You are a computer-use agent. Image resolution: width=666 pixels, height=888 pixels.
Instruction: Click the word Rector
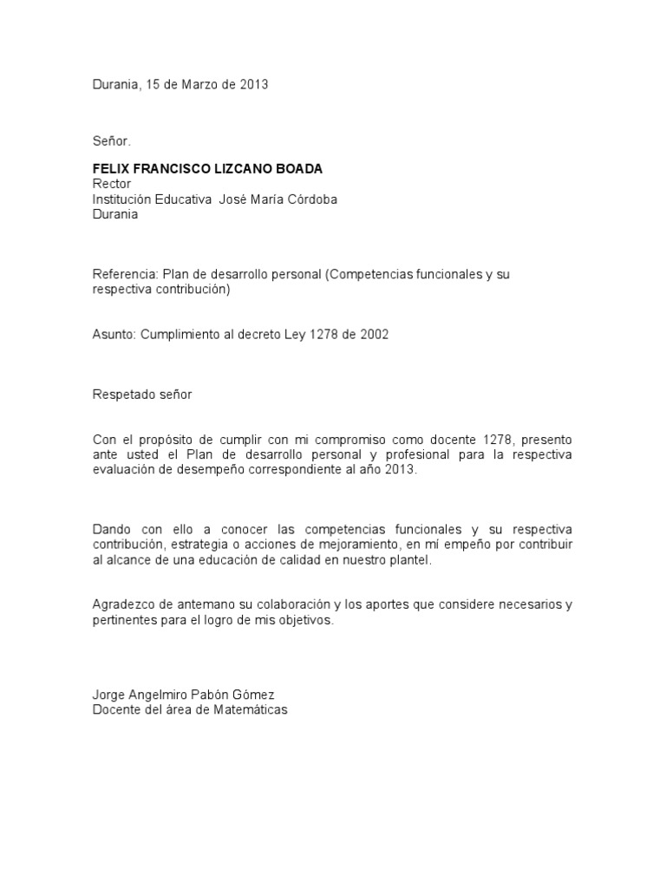(x=112, y=184)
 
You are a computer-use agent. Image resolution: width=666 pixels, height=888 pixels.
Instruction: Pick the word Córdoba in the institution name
(x=310, y=199)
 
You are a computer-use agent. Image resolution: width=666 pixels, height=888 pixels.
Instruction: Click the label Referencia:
(x=125, y=274)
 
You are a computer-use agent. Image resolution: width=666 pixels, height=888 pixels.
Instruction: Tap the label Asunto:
(x=114, y=335)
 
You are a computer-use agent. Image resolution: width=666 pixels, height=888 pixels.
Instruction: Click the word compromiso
(x=343, y=440)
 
